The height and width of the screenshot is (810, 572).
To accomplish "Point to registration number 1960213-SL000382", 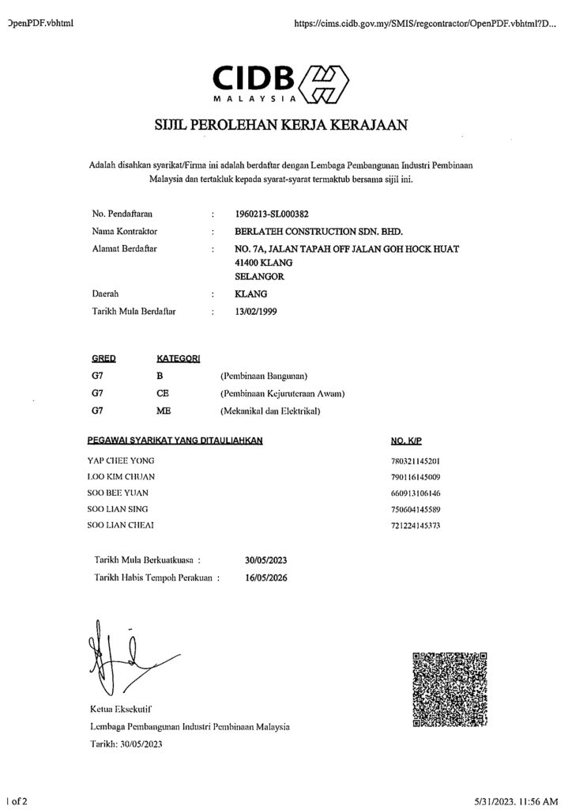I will [x=273, y=214].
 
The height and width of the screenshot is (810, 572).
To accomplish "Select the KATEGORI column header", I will [x=179, y=358].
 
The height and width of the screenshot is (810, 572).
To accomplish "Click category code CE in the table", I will [x=164, y=392].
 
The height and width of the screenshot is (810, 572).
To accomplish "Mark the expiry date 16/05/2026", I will [x=266, y=577].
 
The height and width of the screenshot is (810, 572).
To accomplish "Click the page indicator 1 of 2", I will [x=17, y=801].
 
